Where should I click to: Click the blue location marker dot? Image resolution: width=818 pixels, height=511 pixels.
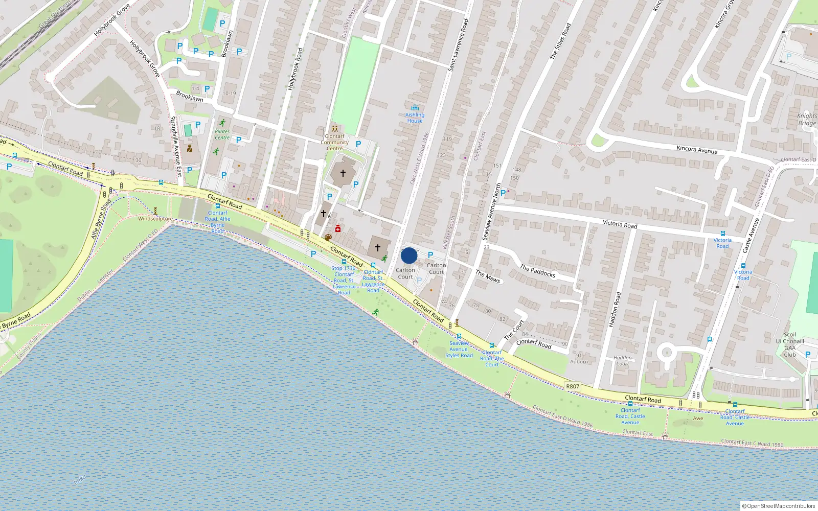pos(409,255)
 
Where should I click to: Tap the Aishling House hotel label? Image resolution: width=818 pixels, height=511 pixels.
pos(415,118)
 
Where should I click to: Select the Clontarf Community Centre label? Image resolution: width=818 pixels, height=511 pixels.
pos(335,142)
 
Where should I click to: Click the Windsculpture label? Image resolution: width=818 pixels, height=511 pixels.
pos(155,219)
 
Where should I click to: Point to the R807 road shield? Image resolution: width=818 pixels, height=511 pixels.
pos(573,386)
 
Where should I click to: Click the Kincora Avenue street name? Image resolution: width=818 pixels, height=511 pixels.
pos(697,150)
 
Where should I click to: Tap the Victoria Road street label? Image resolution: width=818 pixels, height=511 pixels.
pos(620,224)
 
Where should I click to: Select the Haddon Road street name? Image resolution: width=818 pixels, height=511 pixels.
pos(615,309)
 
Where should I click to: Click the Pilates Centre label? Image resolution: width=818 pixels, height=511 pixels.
pos(222,134)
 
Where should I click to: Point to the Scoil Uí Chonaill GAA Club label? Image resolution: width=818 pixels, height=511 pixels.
pos(790,344)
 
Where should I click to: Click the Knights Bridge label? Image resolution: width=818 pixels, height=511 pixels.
pos(807,119)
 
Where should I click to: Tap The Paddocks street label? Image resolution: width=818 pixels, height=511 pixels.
pos(537,271)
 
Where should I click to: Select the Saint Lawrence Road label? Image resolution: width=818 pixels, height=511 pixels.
pos(458,45)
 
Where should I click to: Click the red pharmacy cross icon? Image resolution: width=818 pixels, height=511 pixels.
pos(338,228)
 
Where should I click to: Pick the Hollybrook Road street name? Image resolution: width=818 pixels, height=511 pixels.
pos(296,69)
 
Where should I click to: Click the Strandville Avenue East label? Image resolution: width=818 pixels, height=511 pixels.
pos(176,146)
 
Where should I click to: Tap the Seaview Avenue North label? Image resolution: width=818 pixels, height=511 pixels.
pos(491,212)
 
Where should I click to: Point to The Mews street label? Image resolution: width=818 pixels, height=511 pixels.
pos(488,276)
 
